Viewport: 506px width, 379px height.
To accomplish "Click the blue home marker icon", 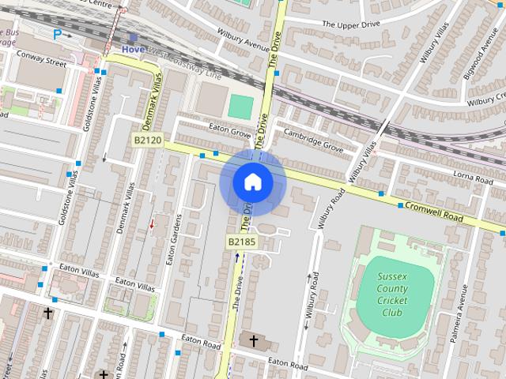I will pos(253,182).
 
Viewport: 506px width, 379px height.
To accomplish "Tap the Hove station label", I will pos(133,48).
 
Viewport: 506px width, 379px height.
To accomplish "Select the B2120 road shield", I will pos(147,141).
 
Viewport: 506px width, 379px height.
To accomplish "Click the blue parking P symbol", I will pos(57,34).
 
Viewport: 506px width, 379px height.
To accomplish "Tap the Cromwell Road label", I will pos(434,211).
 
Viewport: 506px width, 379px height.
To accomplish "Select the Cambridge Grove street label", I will pos(313,139).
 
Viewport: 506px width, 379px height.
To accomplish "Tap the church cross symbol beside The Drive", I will pos(253,341).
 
